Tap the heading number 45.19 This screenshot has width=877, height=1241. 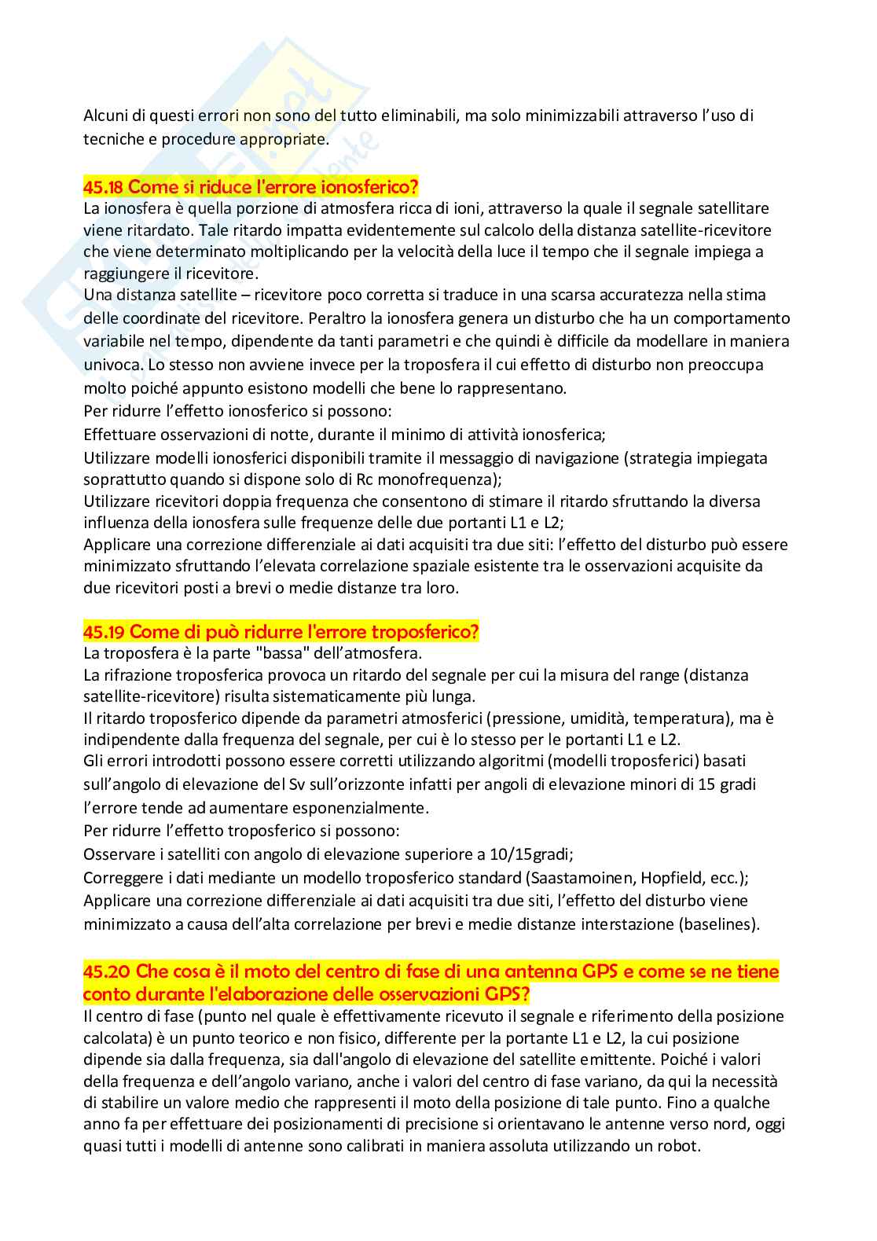click(104, 632)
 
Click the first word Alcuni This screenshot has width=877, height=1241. click(105, 116)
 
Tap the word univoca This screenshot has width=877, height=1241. click(108, 365)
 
